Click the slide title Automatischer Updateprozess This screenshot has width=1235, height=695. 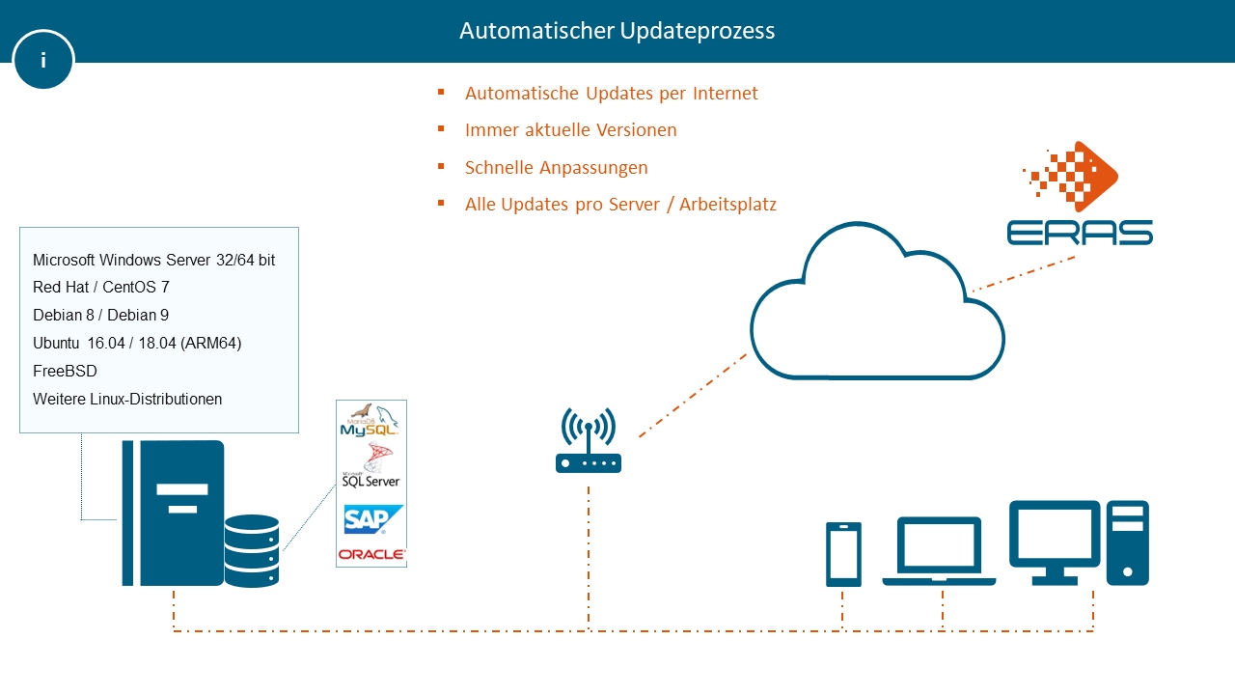[x=617, y=31]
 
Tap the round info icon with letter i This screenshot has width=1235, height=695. [x=43, y=60]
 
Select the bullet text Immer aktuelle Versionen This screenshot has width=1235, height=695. [x=570, y=130]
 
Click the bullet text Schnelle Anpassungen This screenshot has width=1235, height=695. [x=556, y=168]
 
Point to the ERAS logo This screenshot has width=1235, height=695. [x=1080, y=194]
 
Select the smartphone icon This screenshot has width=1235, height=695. [x=843, y=554]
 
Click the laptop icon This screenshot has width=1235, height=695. [x=939, y=552]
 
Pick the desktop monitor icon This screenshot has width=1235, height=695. [x=1055, y=541]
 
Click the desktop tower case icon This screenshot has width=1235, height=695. [x=1128, y=542]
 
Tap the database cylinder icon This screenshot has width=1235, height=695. [x=252, y=551]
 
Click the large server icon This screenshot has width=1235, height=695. [x=173, y=513]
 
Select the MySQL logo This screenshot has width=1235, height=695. [x=370, y=421]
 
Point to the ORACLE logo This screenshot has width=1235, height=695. [x=371, y=554]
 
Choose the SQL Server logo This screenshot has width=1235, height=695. [x=370, y=469]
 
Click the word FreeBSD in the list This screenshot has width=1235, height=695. [x=65, y=372]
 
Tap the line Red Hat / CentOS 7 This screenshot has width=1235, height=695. [x=101, y=288]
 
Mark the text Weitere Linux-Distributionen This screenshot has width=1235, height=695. [x=127, y=399]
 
